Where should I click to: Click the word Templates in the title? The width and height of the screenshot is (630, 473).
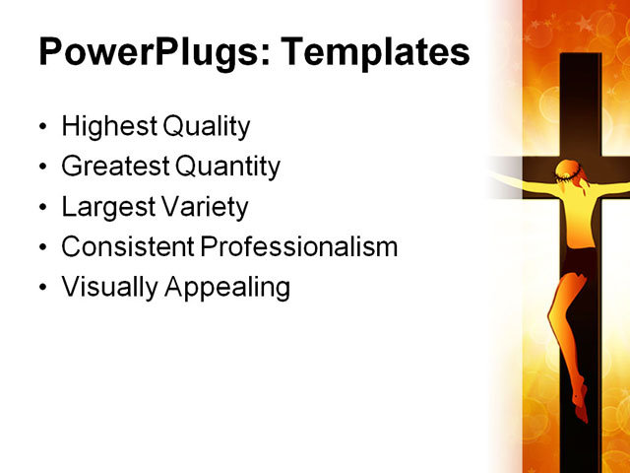(379, 52)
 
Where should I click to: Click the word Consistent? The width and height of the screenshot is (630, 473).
(128, 247)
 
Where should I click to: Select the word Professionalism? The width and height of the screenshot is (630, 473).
(299, 247)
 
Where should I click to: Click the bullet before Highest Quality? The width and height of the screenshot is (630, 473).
(41, 129)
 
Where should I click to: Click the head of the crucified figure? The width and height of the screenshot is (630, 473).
(569, 177)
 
